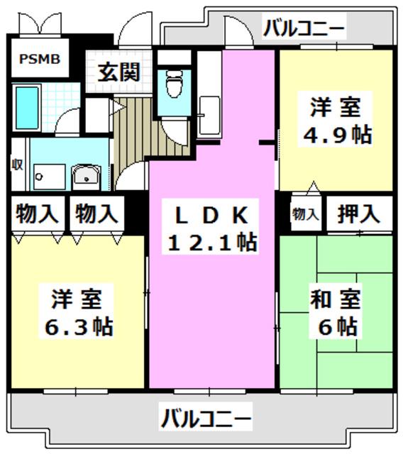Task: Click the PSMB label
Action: (40, 59)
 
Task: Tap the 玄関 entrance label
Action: (119, 72)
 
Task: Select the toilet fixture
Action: (174, 84)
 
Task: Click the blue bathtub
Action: (27, 108)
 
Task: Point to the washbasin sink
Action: (87, 177)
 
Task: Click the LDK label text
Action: (211, 215)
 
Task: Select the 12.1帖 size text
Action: (212, 242)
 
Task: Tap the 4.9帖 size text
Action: (337, 135)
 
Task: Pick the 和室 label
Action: (336, 299)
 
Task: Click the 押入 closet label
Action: (358, 214)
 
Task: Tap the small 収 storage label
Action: (17, 165)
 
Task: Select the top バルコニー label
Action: (304, 28)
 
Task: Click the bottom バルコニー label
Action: (205, 418)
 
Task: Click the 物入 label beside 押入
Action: (306, 214)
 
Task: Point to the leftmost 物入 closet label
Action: (37, 214)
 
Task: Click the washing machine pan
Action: (49, 177)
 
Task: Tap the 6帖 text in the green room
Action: (338, 326)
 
